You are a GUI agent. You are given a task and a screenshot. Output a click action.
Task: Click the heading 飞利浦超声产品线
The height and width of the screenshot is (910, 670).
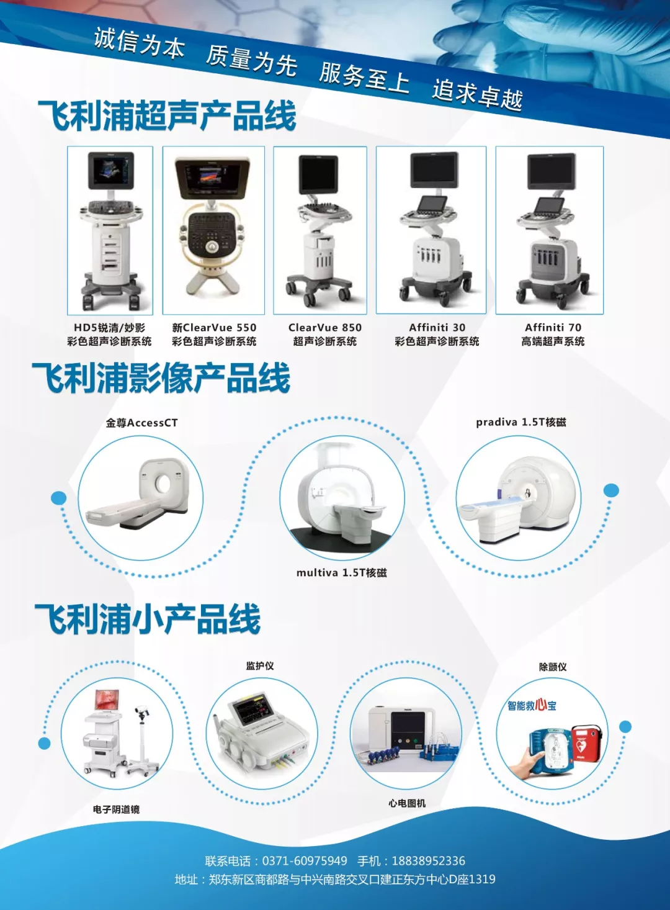coord(167,116)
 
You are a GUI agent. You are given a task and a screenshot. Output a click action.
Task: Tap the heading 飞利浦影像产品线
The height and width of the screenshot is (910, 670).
coord(161,378)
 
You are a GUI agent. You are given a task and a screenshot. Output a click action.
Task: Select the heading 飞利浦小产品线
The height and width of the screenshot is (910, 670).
coord(148,619)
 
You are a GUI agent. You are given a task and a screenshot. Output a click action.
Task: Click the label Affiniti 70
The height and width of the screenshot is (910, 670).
coord(553,327)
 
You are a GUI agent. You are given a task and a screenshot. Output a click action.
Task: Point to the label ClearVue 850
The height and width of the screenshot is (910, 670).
coord(325,327)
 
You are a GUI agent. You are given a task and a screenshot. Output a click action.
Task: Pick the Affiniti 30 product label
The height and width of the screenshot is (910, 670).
coord(437,327)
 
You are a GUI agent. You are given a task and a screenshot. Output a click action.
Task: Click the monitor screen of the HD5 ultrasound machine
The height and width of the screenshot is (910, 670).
coord(110,170)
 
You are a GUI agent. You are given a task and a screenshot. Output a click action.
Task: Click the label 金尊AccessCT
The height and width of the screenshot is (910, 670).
coord(141,423)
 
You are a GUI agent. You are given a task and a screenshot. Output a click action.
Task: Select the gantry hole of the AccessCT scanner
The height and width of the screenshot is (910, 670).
coord(164,482)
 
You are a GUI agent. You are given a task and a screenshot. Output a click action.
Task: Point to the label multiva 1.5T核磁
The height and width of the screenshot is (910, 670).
coord(341,573)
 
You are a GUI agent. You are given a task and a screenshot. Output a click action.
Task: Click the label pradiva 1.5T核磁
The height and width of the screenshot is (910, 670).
coord(521,423)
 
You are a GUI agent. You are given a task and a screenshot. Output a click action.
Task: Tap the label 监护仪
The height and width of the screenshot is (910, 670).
coord(260,666)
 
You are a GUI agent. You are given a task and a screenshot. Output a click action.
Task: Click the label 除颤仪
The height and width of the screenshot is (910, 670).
coord(553,667)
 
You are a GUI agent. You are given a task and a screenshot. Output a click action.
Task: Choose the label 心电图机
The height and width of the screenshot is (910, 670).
coord(407,804)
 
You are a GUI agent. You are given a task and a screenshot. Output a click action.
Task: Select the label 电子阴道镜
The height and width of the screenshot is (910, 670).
coord(116,809)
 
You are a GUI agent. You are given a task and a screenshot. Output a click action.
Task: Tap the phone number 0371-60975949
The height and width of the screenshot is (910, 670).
coord(305,861)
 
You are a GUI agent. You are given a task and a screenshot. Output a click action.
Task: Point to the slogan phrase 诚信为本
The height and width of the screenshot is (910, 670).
coord(140,43)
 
